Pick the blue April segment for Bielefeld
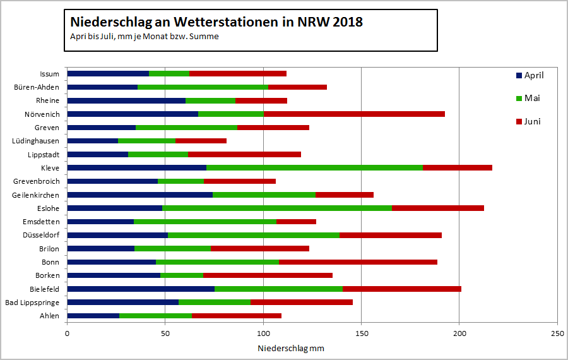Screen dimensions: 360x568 point(141,289)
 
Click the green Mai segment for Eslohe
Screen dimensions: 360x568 point(277,208)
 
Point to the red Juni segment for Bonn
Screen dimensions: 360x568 point(358,262)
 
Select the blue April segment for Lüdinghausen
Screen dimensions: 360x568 point(93,141)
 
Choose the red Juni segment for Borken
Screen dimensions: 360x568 point(268,275)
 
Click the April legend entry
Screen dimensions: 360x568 point(530,75)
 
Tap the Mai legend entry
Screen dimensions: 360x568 point(528,98)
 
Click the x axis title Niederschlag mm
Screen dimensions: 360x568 point(291,348)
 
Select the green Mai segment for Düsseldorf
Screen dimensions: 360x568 point(254,235)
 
